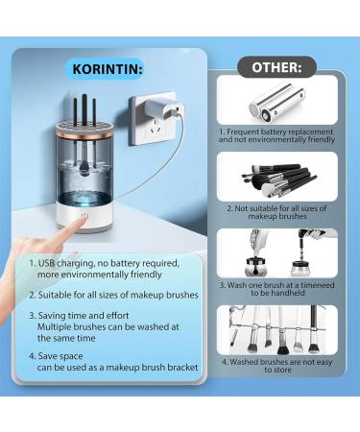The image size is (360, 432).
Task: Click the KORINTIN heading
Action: click(x=108, y=69)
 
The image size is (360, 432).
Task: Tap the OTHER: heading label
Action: click(x=276, y=67)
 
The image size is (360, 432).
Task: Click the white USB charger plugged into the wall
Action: click(x=164, y=109)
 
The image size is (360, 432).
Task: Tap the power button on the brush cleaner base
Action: click(x=84, y=216)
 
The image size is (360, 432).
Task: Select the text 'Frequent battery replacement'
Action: click(x=280, y=132)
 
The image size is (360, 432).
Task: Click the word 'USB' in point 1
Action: click(x=46, y=263)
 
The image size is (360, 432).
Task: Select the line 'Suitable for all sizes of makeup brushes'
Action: click(x=118, y=295)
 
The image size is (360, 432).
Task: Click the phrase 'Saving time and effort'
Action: click(x=84, y=316)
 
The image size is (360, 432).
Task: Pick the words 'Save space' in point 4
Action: click(x=60, y=356)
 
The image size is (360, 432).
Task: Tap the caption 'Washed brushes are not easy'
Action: click(x=281, y=362)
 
